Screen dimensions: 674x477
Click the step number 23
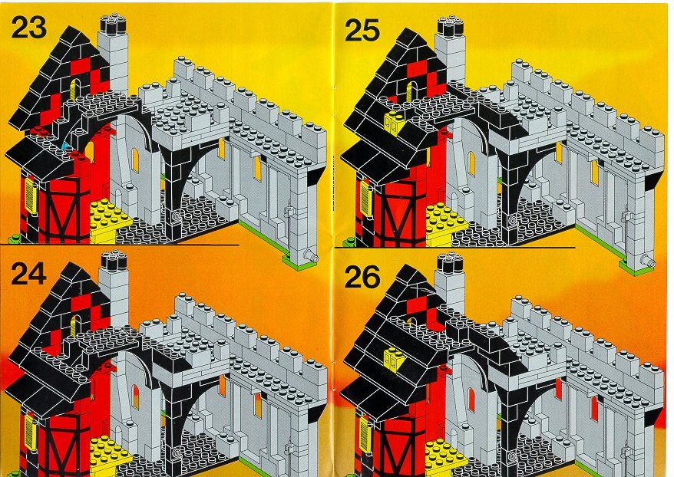coord(29,29)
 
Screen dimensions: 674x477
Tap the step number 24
coord(29,274)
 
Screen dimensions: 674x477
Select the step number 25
coord(362,31)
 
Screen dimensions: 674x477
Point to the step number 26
coord(362,277)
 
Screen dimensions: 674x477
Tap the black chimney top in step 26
coord(450,262)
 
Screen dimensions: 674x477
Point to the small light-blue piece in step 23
coord(66,146)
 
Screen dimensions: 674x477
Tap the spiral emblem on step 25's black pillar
coord(512,220)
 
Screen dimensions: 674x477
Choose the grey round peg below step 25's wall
coord(646,260)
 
